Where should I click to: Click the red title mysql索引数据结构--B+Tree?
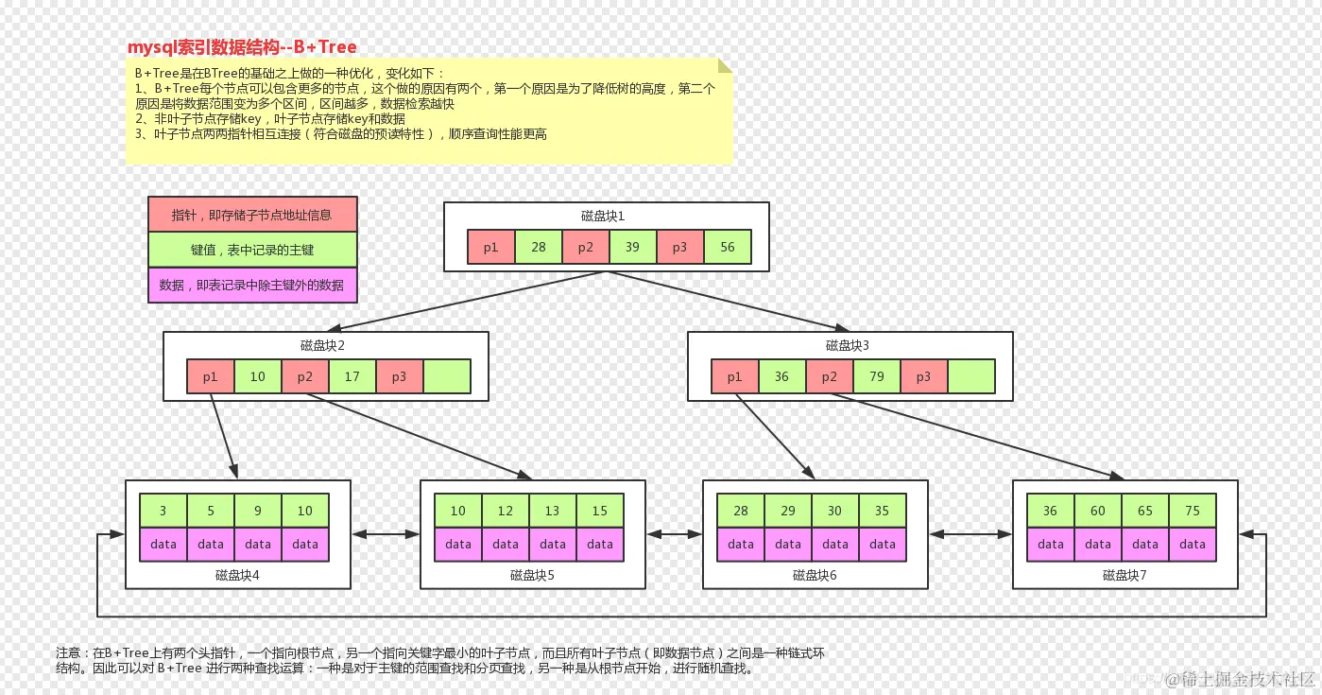click(242, 47)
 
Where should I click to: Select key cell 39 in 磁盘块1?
click(633, 247)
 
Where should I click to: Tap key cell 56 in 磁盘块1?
click(728, 247)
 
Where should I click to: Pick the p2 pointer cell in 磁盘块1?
click(586, 247)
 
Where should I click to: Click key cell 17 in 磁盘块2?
click(352, 376)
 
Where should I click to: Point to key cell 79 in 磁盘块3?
click(877, 376)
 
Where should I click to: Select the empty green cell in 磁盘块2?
click(447, 376)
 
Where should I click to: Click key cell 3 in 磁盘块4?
click(163, 511)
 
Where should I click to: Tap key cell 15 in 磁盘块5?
click(600, 511)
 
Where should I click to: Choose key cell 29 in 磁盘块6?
click(788, 511)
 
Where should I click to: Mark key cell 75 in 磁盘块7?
click(1193, 511)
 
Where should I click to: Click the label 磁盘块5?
click(532, 574)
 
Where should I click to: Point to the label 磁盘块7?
click(1125, 574)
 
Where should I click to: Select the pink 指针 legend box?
click(252, 215)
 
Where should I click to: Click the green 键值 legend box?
click(252, 250)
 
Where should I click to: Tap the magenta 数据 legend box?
click(252, 285)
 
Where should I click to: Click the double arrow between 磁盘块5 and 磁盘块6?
click(674, 534)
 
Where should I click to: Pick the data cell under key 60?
click(1098, 544)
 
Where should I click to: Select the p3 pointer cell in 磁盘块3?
click(924, 376)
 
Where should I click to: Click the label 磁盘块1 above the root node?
click(603, 217)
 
